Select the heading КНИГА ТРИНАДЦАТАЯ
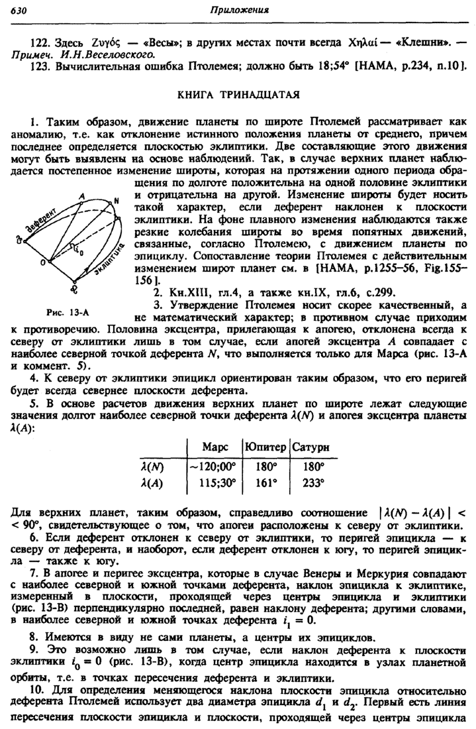coord(238,95)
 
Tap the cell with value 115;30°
coord(216,484)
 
